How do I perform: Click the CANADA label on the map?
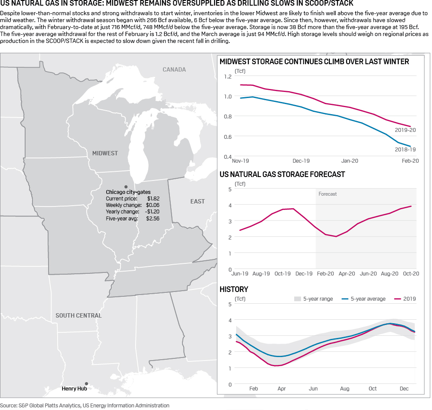(x=174, y=69)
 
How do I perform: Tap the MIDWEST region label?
(x=105, y=153)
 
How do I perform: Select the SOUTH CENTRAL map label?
(x=78, y=315)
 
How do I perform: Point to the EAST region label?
(x=198, y=201)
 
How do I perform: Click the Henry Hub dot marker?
(x=87, y=384)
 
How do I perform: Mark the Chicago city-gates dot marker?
(x=126, y=186)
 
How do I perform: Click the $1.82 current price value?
(x=153, y=198)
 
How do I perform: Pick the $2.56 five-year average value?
(x=153, y=219)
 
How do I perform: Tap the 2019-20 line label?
(x=405, y=130)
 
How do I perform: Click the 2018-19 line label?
(x=405, y=149)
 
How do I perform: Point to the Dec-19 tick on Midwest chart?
(x=301, y=161)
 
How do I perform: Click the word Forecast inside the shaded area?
(x=328, y=194)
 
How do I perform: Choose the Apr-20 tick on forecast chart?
(x=347, y=274)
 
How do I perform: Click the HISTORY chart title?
(x=234, y=289)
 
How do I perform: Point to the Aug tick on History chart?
(x=345, y=389)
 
